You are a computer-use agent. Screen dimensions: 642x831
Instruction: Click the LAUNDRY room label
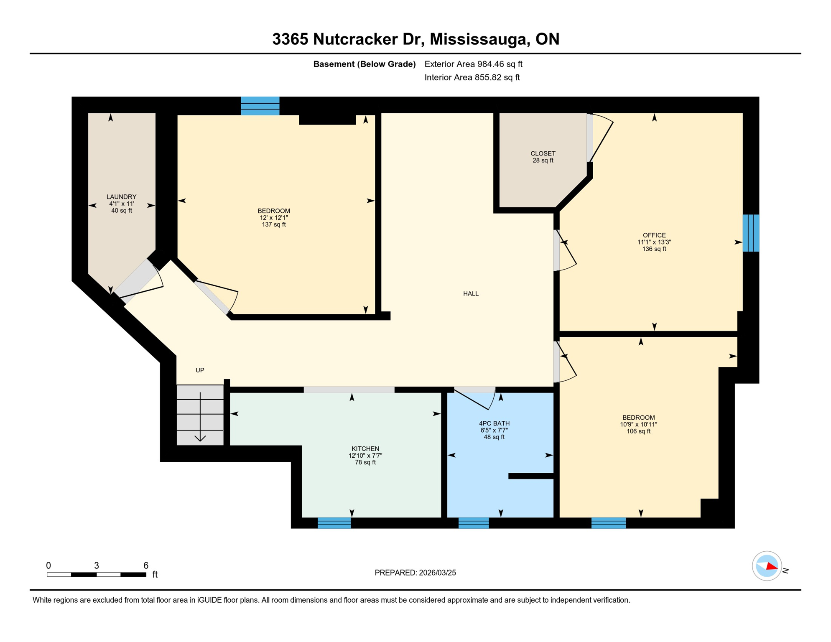[x=121, y=197]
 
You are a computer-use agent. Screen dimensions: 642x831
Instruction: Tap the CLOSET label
[x=543, y=154]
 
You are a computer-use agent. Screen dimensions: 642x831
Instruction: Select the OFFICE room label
[x=654, y=235]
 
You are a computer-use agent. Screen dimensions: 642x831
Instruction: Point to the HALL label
[x=471, y=294]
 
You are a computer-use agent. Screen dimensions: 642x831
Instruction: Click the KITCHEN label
[x=365, y=449]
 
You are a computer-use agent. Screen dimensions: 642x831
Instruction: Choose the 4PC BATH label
[x=494, y=423]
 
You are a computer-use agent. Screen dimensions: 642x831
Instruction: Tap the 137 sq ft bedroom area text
[x=274, y=225]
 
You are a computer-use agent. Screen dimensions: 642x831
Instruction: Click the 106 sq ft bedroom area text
[x=638, y=431]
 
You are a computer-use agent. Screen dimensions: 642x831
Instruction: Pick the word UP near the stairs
[x=200, y=370]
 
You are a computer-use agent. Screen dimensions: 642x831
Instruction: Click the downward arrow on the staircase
[x=200, y=437]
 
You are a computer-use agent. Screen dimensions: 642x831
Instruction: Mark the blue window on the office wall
[x=751, y=233]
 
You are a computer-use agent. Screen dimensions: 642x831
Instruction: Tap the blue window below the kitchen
[x=334, y=523]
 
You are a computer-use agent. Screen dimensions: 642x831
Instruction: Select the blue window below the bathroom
[x=473, y=523]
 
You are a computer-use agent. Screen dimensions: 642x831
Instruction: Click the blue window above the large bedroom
[x=260, y=106]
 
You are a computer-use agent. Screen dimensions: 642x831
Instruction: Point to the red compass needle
[x=772, y=567]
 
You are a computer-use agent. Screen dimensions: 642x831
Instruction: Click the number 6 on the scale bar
[x=146, y=566]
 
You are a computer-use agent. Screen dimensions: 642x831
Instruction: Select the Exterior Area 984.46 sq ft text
[x=473, y=64]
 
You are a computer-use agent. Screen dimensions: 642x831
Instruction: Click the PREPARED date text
[x=415, y=573]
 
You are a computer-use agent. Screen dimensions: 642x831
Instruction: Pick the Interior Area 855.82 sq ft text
[x=472, y=77]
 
